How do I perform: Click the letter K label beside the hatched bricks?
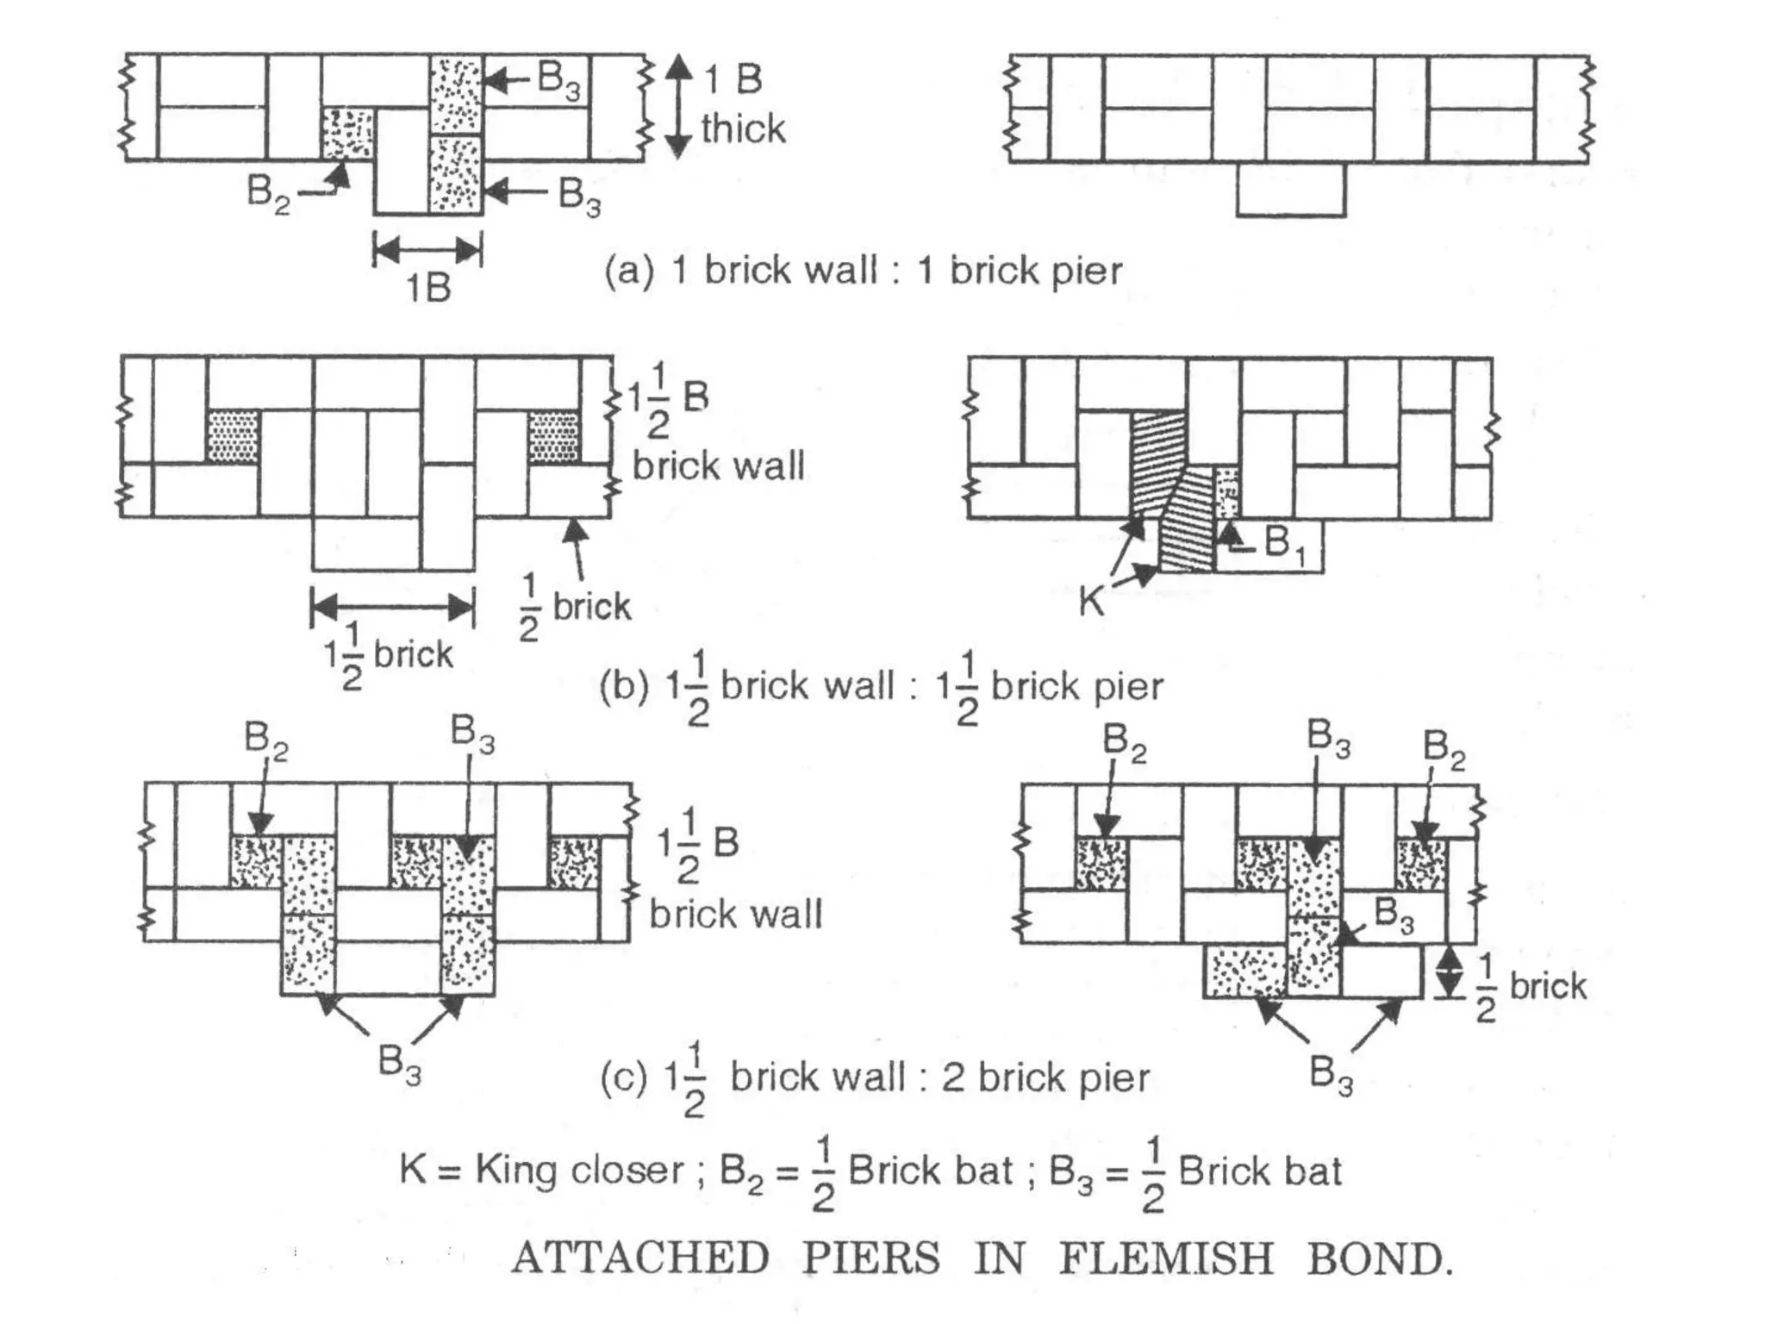1091,600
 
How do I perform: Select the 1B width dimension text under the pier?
428,288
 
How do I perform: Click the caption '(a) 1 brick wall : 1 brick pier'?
863,271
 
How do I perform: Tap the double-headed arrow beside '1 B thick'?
679,107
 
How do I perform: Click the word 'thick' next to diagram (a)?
743,129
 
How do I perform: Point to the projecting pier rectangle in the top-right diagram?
1290,190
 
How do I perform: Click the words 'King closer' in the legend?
579,1171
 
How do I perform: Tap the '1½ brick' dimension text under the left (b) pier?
389,655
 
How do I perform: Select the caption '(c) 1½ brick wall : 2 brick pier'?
875,1078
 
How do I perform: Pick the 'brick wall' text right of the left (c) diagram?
736,914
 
